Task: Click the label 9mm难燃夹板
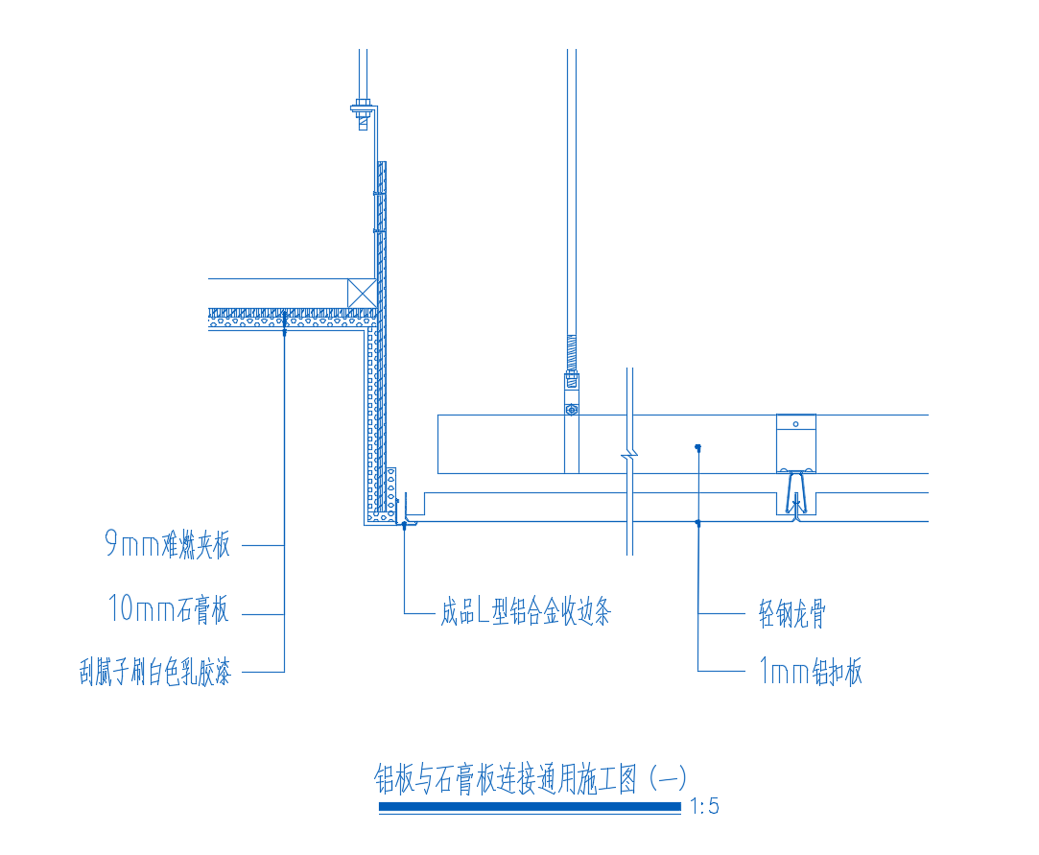point(168,544)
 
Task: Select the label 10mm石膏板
point(168,609)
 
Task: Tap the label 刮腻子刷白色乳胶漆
point(155,672)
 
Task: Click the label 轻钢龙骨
point(791,613)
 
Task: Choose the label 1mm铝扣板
point(811,671)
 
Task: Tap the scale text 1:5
point(704,806)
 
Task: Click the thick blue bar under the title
point(531,807)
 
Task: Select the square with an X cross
point(362,294)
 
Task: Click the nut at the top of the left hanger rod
point(362,104)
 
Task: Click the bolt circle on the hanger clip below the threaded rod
point(572,411)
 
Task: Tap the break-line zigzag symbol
point(629,455)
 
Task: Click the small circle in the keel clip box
point(796,424)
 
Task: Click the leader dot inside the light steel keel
point(697,447)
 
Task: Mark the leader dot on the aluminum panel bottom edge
point(697,523)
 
